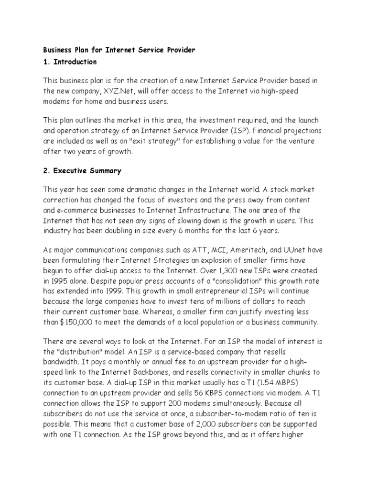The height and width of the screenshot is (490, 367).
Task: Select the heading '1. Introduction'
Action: tap(70, 62)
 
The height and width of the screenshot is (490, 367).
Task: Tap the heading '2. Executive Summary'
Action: tap(82, 170)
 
